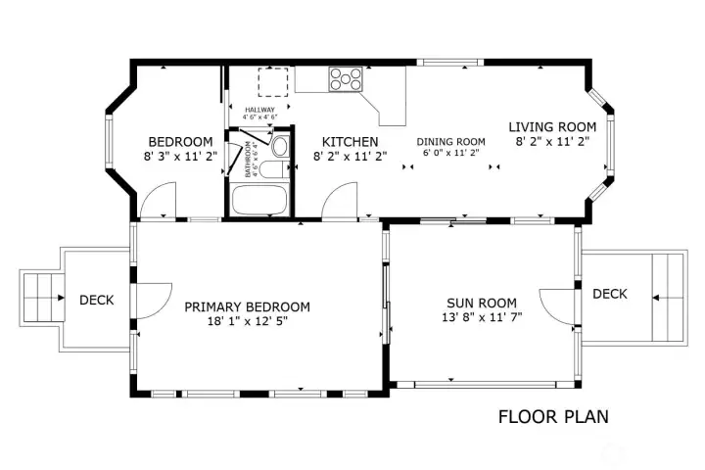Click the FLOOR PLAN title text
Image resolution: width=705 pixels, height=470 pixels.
coord(553,417)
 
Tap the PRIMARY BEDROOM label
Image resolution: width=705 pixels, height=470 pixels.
coord(248,306)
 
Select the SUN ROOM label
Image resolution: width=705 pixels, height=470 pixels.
coord(481,303)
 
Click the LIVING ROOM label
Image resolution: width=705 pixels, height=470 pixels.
coord(552,126)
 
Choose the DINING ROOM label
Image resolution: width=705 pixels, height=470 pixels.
coord(451,141)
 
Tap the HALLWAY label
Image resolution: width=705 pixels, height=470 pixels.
coord(259,109)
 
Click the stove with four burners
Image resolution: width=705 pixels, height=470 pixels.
coord(346,78)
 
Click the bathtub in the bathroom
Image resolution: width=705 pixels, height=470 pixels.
coord(260,201)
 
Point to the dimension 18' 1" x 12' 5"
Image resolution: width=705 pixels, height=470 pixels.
coord(248,320)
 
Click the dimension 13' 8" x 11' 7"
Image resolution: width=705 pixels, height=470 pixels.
coord(481,317)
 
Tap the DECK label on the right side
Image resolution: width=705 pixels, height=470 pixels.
coord(609,293)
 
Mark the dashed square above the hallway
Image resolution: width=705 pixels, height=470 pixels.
coord(273,82)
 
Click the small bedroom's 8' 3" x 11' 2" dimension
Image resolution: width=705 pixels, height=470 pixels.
coord(179,155)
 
